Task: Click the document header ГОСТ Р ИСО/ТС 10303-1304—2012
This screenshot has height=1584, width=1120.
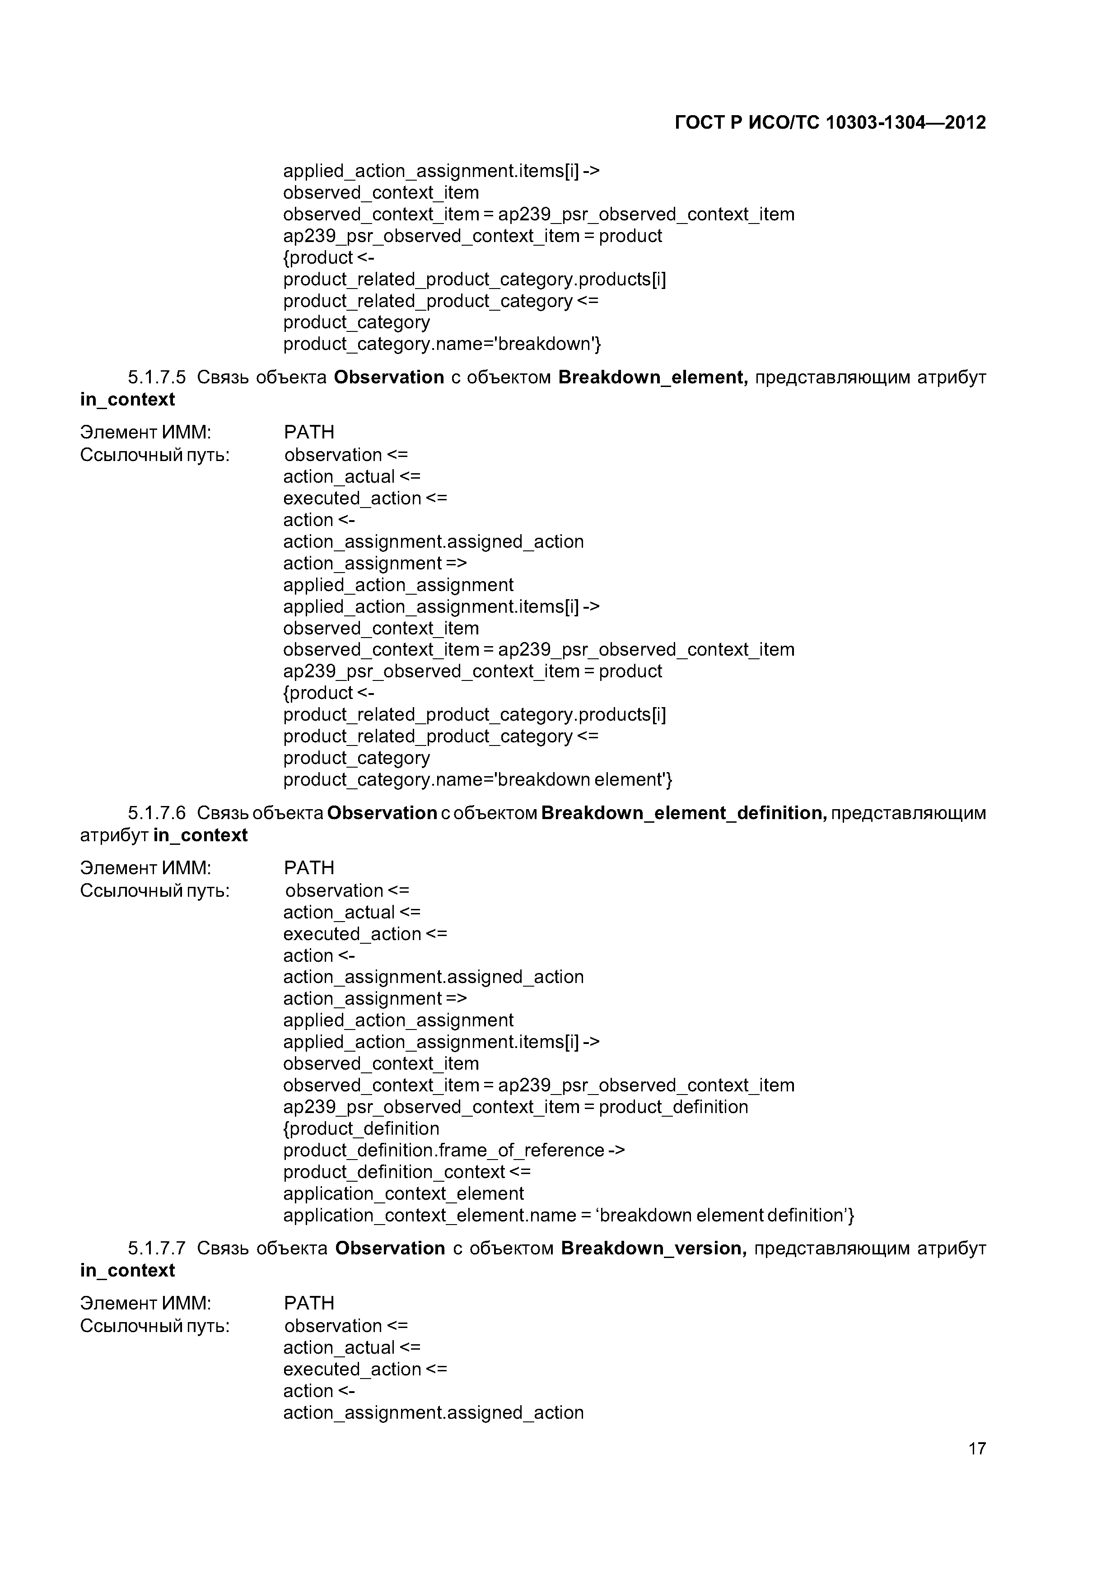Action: click(830, 123)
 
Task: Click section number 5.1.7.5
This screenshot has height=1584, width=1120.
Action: click(157, 377)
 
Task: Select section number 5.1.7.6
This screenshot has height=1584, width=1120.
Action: click(157, 813)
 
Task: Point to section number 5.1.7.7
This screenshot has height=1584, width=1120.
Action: click(157, 1248)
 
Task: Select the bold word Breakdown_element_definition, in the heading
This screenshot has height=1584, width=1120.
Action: click(684, 813)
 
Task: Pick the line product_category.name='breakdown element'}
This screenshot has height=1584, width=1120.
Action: click(477, 779)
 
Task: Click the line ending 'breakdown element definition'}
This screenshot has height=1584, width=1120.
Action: click(569, 1215)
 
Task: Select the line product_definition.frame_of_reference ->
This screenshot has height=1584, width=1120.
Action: click(454, 1150)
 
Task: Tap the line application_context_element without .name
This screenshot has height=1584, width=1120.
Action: click(403, 1193)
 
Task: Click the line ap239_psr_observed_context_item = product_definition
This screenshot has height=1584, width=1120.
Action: click(515, 1107)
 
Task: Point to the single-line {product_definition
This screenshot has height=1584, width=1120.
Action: click(361, 1129)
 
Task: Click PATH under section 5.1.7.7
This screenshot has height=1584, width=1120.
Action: click(308, 1303)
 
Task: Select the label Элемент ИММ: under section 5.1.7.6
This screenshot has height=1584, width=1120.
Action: click(145, 867)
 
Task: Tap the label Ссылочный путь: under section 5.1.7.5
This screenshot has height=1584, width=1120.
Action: click(154, 455)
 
